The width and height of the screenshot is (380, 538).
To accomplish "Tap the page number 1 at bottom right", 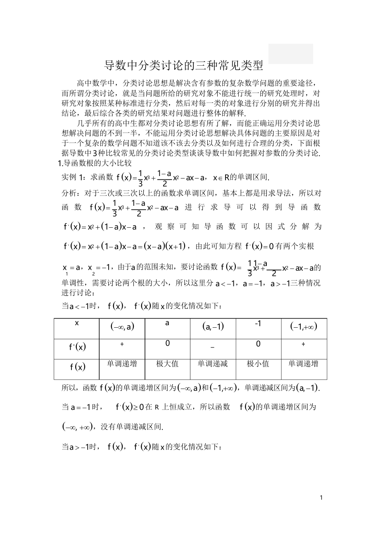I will tap(321, 497).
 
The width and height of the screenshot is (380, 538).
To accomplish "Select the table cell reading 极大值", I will tap(167, 364).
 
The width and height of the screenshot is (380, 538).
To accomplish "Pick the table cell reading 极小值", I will tap(258, 364).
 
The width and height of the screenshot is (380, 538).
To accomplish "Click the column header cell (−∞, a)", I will tap(122, 327).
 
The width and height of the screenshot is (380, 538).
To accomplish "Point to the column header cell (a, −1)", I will tap(213, 327).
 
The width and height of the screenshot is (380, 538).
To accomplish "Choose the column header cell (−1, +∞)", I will tap(304, 327).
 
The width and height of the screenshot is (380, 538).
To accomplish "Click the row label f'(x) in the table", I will tap(77, 347).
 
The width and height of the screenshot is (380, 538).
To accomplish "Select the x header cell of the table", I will tap(77, 323).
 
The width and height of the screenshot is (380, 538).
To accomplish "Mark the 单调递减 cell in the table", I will tap(213, 364).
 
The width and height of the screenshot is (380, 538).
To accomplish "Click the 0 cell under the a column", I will tap(167, 343).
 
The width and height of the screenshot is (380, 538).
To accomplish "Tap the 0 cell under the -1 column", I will tap(258, 343).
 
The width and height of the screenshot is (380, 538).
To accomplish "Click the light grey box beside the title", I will tap(290, 54).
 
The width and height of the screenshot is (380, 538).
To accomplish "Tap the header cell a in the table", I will tap(167, 323).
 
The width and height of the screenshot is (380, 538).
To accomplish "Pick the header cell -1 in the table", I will tap(258, 323).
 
